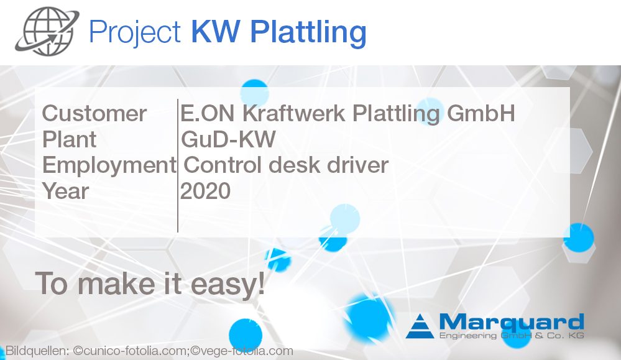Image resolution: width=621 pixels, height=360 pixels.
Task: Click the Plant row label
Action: pyautogui.click(x=69, y=139)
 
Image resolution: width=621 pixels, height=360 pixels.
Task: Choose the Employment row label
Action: pyautogui.click(x=109, y=165)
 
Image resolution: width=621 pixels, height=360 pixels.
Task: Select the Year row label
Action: pyautogui.click(x=65, y=191)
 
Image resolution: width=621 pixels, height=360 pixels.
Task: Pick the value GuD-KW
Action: pyautogui.click(x=228, y=139)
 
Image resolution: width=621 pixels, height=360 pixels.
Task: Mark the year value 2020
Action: pyautogui.click(x=205, y=191)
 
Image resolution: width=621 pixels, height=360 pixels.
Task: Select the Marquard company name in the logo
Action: pyautogui.click(x=511, y=322)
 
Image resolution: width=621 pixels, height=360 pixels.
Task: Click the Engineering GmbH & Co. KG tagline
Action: pyautogui.click(x=511, y=336)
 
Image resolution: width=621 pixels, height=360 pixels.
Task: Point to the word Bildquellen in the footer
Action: pyautogui.click(x=36, y=351)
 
